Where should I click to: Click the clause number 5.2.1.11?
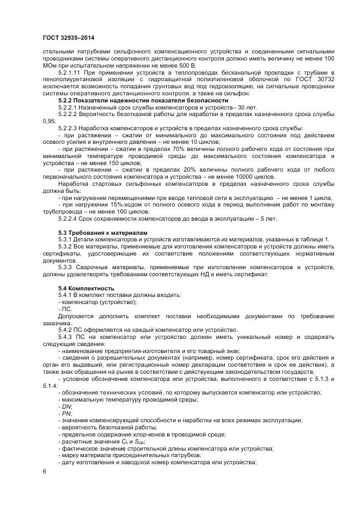click(x=71, y=72)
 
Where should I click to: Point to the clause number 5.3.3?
click(x=65, y=268)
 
